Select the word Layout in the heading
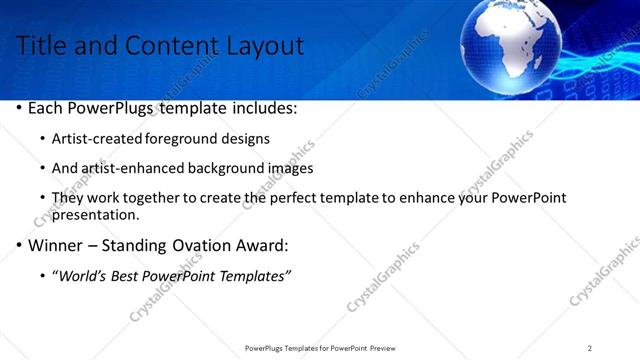(265, 46)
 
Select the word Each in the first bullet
(46, 107)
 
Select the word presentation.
(94, 214)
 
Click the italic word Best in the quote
(135, 275)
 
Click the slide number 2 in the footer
(590, 348)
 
